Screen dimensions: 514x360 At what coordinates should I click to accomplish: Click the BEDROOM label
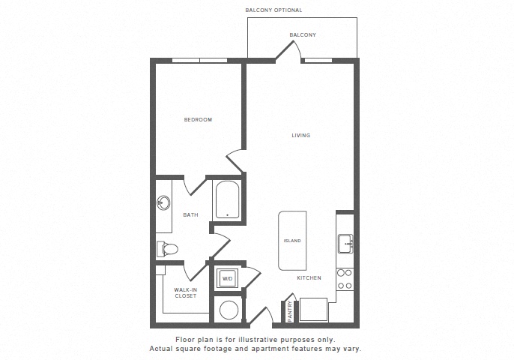click(198, 120)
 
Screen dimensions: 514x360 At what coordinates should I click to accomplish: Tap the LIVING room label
click(301, 135)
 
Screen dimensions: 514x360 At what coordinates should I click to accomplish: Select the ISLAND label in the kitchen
click(292, 241)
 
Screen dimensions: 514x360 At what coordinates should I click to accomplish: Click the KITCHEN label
click(309, 278)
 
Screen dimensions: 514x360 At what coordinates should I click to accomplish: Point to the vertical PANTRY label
click(290, 311)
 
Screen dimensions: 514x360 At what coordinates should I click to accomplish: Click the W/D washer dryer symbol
click(227, 278)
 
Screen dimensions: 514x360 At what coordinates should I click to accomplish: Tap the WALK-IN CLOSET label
click(186, 292)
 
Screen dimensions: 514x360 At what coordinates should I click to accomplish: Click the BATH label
click(190, 215)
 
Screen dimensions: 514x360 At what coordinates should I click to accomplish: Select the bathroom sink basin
click(163, 202)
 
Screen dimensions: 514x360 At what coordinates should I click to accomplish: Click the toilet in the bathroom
click(167, 249)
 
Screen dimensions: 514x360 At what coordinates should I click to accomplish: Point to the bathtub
click(227, 199)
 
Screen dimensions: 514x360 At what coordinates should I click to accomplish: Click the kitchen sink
click(345, 244)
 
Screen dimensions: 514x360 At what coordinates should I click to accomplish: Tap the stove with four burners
click(345, 279)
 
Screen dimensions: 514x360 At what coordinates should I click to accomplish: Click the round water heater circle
click(229, 310)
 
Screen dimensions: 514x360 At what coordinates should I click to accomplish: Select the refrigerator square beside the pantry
click(313, 310)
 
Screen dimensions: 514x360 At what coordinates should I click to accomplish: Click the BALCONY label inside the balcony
click(303, 34)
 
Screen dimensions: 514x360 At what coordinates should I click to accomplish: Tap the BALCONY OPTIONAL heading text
click(273, 10)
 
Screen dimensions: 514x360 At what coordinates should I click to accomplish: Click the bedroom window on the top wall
click(199, 61)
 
